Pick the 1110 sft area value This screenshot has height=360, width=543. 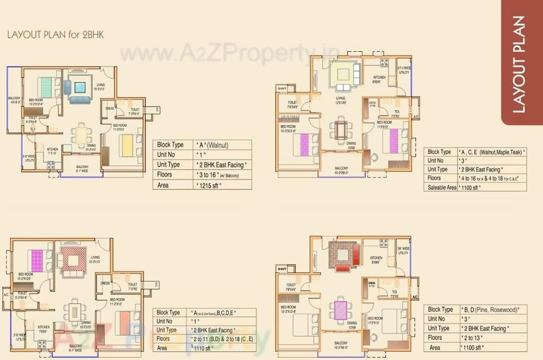(203, 348)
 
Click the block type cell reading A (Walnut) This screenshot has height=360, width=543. (212, 145)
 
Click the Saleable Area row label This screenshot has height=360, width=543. (442, 187)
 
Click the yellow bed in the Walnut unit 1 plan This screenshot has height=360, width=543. (127, 145)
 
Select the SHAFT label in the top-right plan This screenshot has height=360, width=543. (281, 89)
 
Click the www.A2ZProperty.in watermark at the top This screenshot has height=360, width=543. (229, 54)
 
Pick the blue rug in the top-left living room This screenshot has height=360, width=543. (80, 87)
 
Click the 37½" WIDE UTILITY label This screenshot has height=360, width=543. (403, 71)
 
